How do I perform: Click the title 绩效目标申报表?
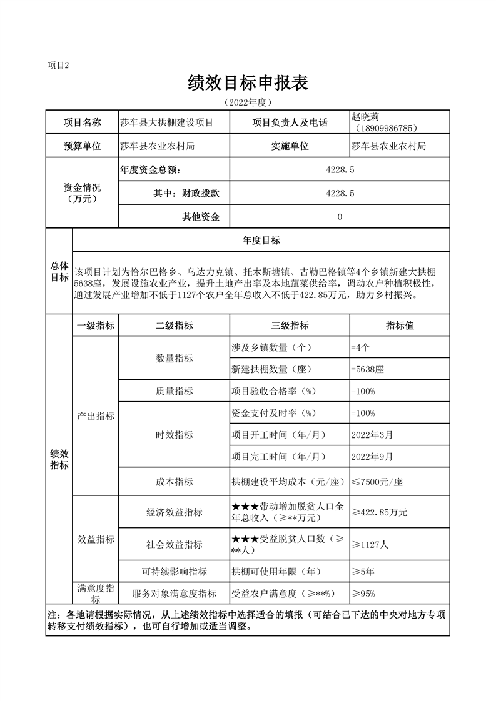248,82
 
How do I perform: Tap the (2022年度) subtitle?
248,102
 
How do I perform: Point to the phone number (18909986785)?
385,128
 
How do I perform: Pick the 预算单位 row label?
82,146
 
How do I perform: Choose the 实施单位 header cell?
290,146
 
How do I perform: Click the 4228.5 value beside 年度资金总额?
340,169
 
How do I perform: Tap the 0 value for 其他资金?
340,217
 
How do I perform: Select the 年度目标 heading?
261,241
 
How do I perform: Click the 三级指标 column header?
290,326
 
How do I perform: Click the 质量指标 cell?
175,391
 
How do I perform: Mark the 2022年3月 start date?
373,434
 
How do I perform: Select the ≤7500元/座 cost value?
377,482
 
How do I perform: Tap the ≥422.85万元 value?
379,512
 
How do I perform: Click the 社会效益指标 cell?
175,544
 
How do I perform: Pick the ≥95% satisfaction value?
363,593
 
